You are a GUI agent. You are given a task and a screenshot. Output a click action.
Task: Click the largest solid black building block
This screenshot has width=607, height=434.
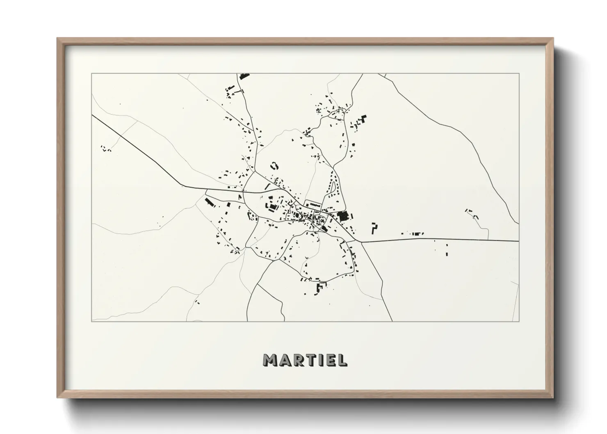(342, 216)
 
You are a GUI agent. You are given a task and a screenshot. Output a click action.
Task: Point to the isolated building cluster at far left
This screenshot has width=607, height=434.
(106, 148)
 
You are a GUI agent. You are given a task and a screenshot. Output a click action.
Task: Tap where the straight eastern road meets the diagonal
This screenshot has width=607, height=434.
(361, 242)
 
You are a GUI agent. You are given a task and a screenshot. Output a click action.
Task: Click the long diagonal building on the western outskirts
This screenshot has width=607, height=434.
(209, 202)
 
